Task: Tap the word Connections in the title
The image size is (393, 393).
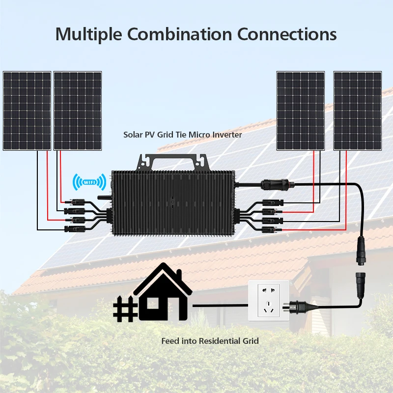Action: tap(287, 34)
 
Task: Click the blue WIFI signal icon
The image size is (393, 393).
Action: tap(89, 182)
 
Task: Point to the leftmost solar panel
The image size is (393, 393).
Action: tap(27, 111)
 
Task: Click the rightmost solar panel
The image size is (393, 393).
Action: tap(358, 111)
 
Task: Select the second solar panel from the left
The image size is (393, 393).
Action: tap(78, 111)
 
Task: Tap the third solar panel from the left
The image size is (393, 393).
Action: tap(301, 111)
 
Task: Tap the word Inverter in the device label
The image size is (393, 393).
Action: tap(226, 134)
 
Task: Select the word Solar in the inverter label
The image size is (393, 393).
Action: tap(132, 134)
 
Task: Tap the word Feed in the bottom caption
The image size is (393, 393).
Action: tap(169, 340)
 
